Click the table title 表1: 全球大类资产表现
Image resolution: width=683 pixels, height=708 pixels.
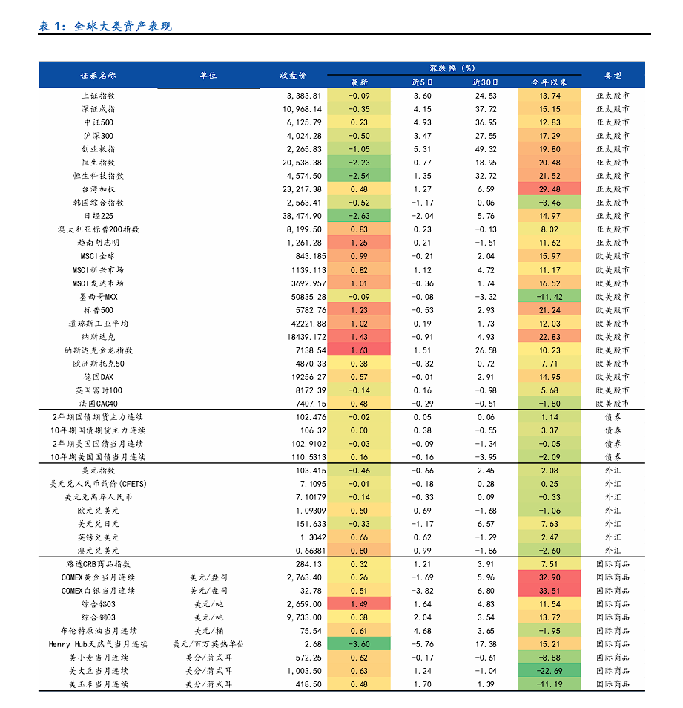(105, 27)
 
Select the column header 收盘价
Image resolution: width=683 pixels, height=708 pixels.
(293, 76)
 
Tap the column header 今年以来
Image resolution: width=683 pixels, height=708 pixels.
(549, 82)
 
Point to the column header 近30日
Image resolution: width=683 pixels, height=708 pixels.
(486, 82)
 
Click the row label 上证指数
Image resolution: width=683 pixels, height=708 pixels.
(98, 96)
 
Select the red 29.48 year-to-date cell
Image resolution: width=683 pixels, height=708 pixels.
(549, 189)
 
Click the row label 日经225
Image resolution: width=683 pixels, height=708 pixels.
(98, 216)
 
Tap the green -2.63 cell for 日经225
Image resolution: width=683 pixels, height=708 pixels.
(359, 216)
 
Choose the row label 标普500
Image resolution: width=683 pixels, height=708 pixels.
(98, 310)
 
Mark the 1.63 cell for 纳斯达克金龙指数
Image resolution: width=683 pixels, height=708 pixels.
(359, 350)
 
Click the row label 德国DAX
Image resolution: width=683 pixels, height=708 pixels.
(98, 377)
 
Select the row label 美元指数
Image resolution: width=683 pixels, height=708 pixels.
(98, 471)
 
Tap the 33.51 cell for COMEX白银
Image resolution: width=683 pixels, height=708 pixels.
(549, 591)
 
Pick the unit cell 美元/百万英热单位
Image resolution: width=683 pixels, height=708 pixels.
(208, 644)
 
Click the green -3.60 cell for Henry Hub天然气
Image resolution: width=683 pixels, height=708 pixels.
(359, 644)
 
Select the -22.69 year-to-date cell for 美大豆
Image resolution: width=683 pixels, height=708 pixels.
(549, 671)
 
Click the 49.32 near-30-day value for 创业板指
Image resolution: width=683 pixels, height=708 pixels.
(486, 149)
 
